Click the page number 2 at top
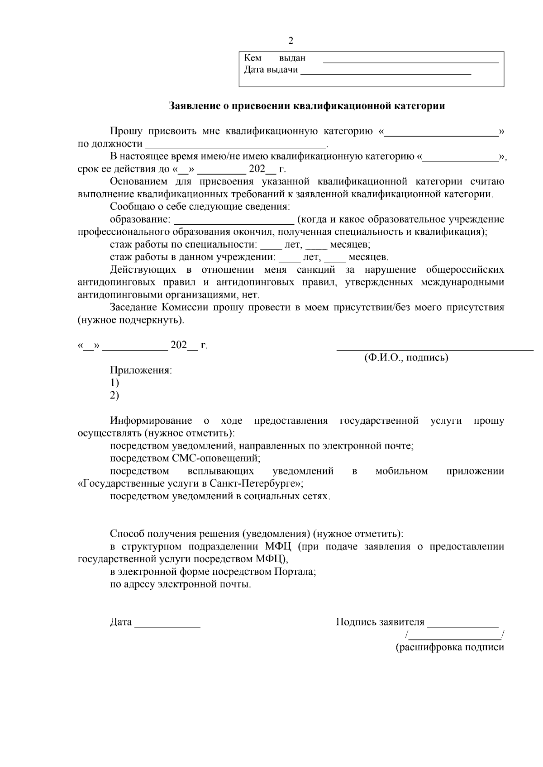[291, 41]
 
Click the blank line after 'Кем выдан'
[410, 61]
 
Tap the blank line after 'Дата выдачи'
[386, 72]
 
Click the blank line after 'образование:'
[234, 222]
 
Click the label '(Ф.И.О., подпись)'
[406, 358]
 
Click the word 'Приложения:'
[141, 370]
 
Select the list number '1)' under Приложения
[114, 383]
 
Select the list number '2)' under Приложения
[114, 395]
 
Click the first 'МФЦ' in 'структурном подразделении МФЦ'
[277, 546]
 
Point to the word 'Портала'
[295, 572]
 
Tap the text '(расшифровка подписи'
[450, 647]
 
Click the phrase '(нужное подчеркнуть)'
[131, 320]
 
